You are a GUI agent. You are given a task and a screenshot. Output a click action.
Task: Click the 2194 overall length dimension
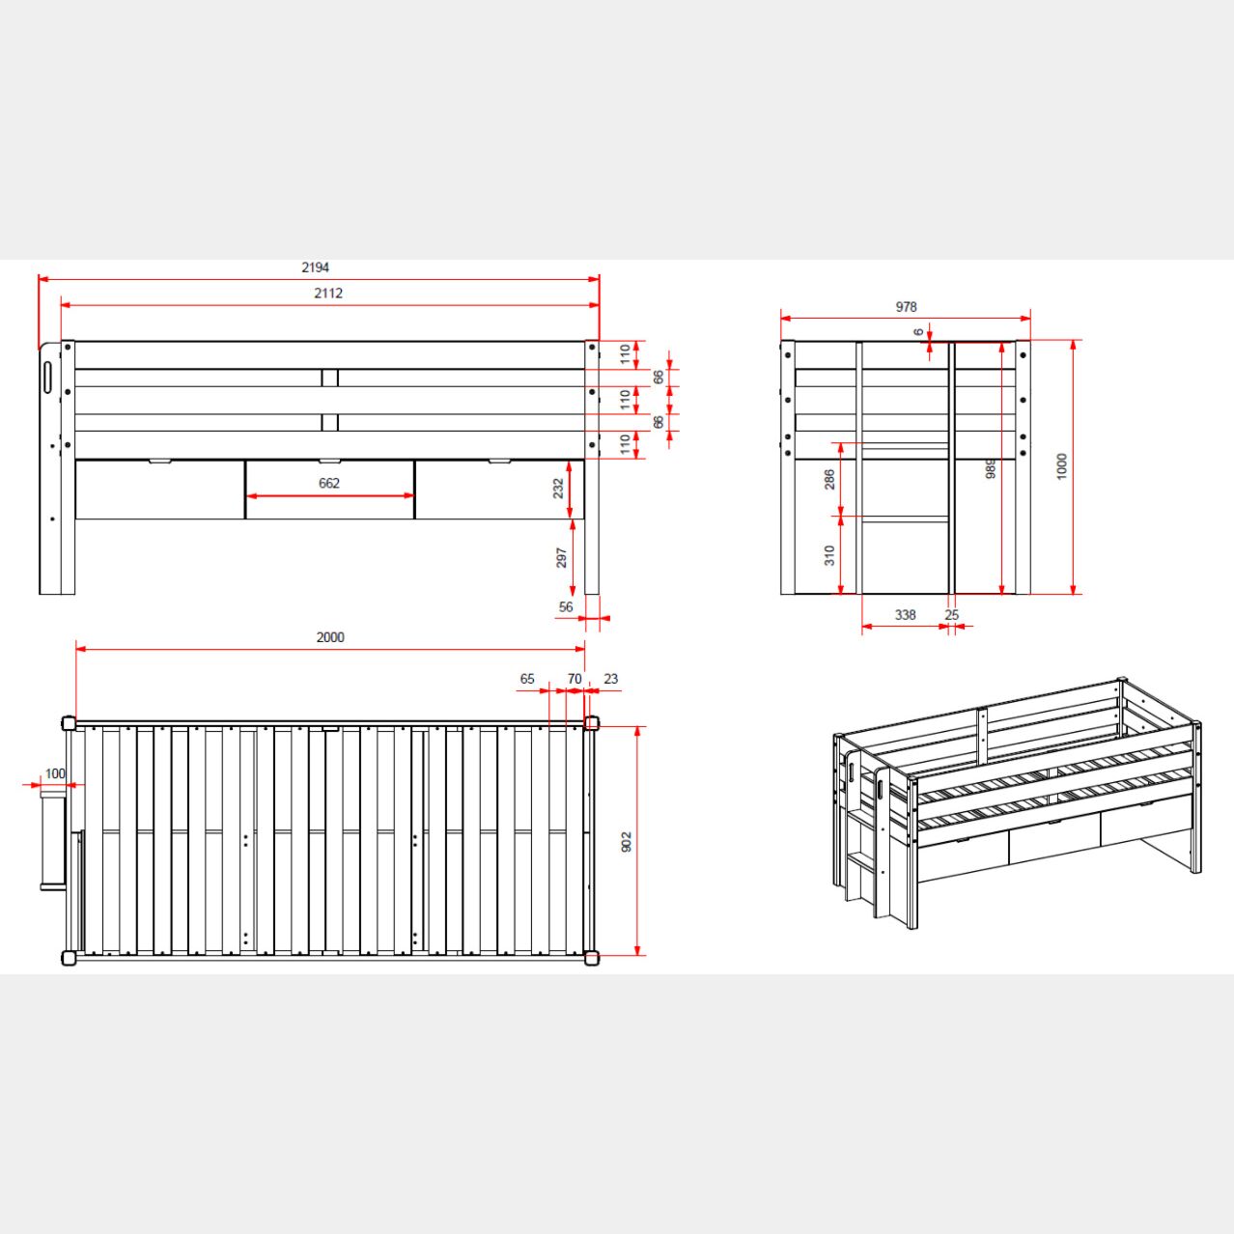click(315, 267)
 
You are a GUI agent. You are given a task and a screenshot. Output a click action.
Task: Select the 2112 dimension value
click(328, 294)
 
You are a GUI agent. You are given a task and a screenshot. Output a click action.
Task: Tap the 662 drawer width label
click(329, 483)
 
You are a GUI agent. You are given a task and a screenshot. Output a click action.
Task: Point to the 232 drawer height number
click(558, 488)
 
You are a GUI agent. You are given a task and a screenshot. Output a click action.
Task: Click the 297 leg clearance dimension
click(562, 558)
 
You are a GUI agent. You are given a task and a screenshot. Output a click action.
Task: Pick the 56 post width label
click(566, 607)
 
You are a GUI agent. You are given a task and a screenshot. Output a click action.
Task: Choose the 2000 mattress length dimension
click(330, 637)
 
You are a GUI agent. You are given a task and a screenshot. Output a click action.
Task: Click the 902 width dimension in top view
click(627, 841)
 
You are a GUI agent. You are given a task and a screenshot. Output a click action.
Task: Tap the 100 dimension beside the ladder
click(55, 773)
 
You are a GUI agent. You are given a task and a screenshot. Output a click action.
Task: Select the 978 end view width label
click(906, 307)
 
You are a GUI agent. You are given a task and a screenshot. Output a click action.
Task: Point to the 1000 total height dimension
click(1062, 466)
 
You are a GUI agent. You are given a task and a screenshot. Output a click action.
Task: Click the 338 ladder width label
click(905, 615)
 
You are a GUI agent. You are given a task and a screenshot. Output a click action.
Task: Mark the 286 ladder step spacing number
click(829, 479)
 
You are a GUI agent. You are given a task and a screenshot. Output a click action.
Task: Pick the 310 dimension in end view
click(829, 555)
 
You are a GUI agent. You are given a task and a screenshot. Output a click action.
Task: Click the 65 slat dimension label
click(527, 679)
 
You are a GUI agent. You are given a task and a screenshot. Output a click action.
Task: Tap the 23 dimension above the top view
click(611, 679)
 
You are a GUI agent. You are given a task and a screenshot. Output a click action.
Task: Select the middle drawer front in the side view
click(330, 490)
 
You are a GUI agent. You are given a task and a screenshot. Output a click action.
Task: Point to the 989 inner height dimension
click(991, 468)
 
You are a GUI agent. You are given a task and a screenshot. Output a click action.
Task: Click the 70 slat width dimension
click(575, 679)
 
